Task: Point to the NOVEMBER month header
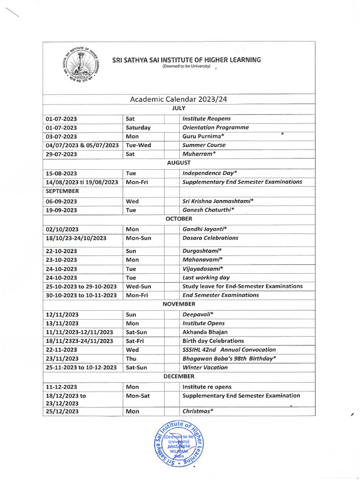coord(179,304)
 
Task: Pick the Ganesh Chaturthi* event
coord(208,210)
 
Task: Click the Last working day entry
coord(206,277)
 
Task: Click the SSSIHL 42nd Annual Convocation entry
coord(229,350)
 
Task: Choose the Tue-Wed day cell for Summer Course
coord(138,145)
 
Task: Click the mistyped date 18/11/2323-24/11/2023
coord(79,341)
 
